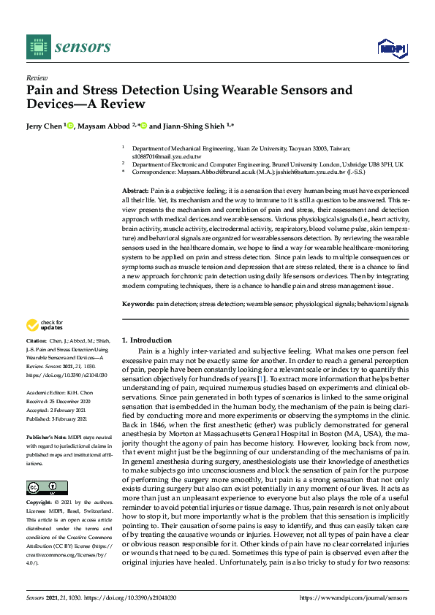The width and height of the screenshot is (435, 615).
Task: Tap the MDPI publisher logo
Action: (392, 48)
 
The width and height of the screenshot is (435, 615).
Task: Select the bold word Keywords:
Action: (137, 324)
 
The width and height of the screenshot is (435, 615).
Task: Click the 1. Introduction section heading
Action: (147, 340)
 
